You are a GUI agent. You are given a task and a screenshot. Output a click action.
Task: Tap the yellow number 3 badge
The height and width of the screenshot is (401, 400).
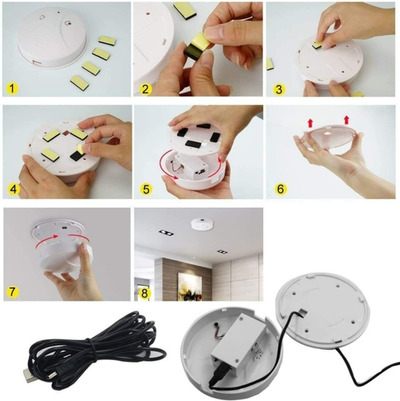(277, 88)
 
